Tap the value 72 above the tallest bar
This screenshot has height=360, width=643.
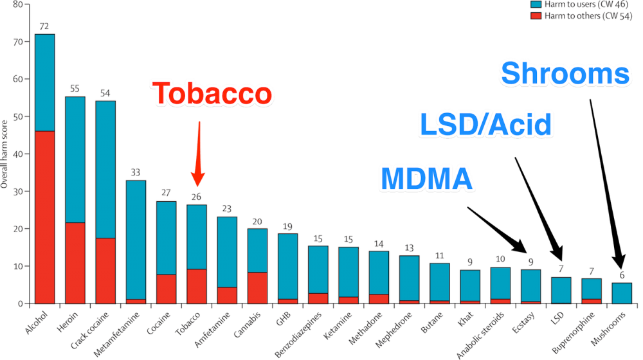click(44, 26)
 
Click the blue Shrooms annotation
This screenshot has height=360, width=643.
click(565, 75)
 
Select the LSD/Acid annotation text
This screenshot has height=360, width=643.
click(485, 124)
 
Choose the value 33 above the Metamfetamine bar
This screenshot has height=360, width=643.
click(135, 172)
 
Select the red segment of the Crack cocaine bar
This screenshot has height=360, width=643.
click(105, 270)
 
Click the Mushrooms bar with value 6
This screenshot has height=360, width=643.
click(622, 292)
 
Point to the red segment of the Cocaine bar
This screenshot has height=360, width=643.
click(166, 289)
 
